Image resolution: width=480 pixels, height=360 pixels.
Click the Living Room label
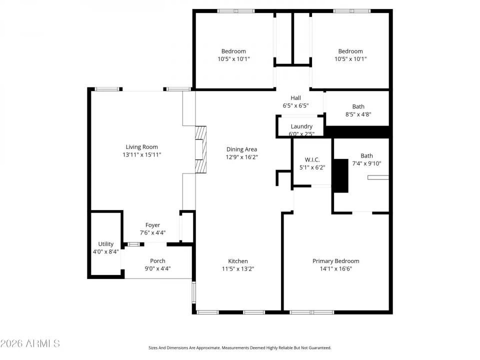[x=141, y=147]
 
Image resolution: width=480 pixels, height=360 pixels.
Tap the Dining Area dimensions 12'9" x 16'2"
[x=241, y=157]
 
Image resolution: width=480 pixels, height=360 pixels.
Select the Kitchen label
[x=238, y=261]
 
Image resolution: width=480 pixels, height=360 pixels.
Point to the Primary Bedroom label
[x=335, y=261]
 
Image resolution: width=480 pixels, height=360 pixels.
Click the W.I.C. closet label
[x=312, y=160]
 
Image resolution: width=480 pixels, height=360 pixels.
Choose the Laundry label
[x=301, y=126]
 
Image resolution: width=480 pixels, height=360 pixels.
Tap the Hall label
[x=295, y=98]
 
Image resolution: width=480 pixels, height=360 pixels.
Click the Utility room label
[x=106, y=244]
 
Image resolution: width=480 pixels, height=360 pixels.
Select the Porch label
[x=157, y=261]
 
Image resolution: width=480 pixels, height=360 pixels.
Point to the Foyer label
[x=152, y=225]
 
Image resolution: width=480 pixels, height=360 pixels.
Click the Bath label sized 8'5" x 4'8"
[x=358, y=106]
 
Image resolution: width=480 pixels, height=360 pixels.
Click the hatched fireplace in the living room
[x=200, y=149]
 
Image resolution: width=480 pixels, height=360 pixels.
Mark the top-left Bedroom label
[x=233, y=51]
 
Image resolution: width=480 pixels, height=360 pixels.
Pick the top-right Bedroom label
[x=350, y=51]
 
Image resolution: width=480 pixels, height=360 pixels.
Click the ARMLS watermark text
[x=30, y=343]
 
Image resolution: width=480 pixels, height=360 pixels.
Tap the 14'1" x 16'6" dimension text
[x=335, y=269]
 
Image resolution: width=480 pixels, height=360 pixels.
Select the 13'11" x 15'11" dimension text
[x=142, y=155]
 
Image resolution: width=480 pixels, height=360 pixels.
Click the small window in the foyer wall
[x=134, y=244]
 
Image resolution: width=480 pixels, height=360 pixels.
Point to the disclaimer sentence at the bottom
[x=239, y=347]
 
